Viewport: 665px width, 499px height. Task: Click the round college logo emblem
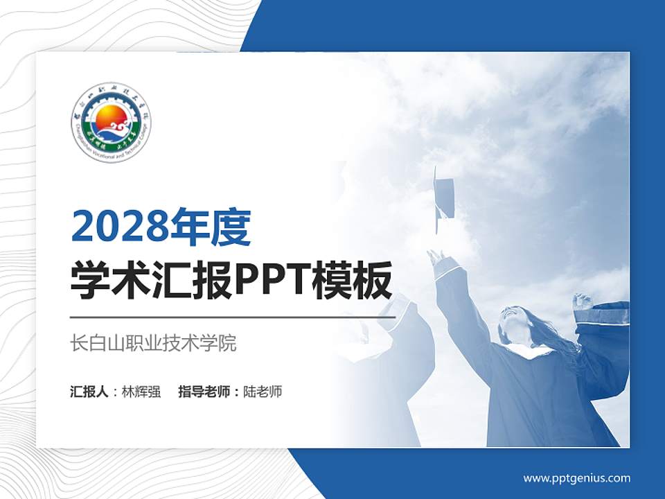click(x=112, y=123)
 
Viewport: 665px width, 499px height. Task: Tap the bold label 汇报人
click(x=89, y=392)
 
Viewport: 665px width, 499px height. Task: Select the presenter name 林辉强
click(x=141, y=392)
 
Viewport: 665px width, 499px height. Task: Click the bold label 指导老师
click(x=204, y=392)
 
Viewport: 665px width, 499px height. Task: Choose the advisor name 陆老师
click(x=263, y=392)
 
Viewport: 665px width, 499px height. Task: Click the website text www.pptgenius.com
click(x=576, y=478)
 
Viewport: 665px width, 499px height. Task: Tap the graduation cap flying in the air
click(x=443, y=198)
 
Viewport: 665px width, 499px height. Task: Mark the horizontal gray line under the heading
click(x=233, y=317)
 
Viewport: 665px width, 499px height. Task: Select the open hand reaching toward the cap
click(x=436, y=258)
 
